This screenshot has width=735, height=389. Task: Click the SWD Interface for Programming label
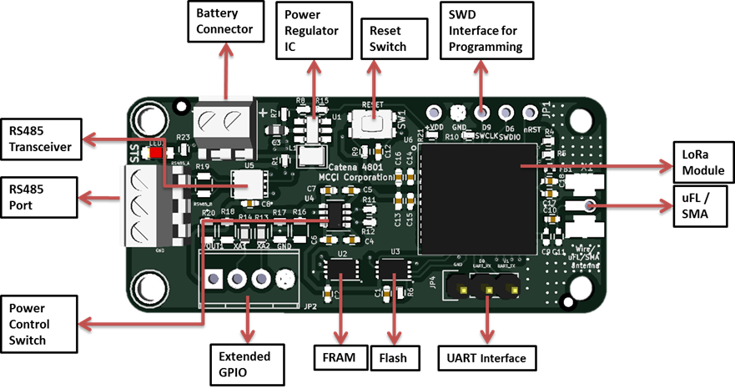(486, 31)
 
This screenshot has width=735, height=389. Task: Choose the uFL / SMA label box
(701, 205)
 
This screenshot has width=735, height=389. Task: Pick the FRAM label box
(340, 357)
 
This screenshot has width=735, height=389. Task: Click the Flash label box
(393, 357)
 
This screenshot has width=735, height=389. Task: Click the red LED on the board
(156, 153)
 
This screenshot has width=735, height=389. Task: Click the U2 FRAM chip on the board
(342, 269)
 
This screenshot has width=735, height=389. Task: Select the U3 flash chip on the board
(392, 269)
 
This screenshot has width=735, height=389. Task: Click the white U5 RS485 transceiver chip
(248, 184)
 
